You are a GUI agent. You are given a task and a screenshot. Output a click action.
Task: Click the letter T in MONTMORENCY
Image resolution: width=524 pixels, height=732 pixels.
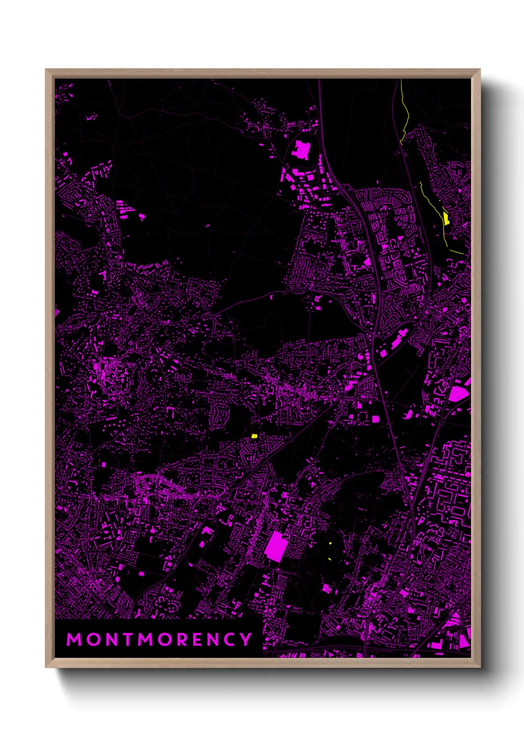pyautogui.click(x=127, y=640)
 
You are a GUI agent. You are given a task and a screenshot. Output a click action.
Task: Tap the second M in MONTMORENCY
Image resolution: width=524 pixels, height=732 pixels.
pyautogui.click(x=145, y=640)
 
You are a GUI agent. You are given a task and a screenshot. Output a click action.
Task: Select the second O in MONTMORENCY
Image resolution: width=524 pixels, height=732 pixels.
pyautogui.click(x=164, y=640)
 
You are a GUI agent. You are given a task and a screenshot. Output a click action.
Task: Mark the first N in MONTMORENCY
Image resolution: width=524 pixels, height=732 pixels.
pyautogui.click(x=110, y=640)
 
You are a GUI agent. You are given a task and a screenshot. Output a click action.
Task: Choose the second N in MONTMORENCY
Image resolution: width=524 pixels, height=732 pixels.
pyautogui.click(x=214, y=640)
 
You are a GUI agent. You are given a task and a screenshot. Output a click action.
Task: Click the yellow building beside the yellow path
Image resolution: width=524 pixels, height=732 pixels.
pyautogui.click(x=446, y=218)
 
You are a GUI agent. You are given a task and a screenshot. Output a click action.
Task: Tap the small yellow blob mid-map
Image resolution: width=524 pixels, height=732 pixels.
pyautogui.click(x=255, y=436)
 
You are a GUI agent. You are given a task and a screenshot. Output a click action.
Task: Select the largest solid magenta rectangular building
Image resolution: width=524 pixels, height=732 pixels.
pyautogui.click(x=276, y=547)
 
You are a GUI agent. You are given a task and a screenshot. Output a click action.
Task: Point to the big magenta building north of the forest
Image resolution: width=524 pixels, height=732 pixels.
pyautogui.click(x=301, y=149)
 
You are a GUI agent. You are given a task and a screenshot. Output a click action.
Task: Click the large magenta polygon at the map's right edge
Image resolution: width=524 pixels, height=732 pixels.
pyautogui.click(x=458, y=394)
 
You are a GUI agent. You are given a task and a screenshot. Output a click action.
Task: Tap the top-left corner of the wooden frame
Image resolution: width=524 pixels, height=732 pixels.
pyautogui.click(x=46, y=70)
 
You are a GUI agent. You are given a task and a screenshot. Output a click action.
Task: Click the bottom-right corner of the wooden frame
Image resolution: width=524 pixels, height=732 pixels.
pyautogui.click(x=480, y=667)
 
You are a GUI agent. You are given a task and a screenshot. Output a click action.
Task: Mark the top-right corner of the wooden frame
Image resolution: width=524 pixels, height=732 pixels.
pyautogui.click(x=480, y=70)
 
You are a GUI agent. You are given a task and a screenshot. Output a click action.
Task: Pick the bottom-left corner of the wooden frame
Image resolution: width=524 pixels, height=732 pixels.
pyautogui.click(x=46, y=667)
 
